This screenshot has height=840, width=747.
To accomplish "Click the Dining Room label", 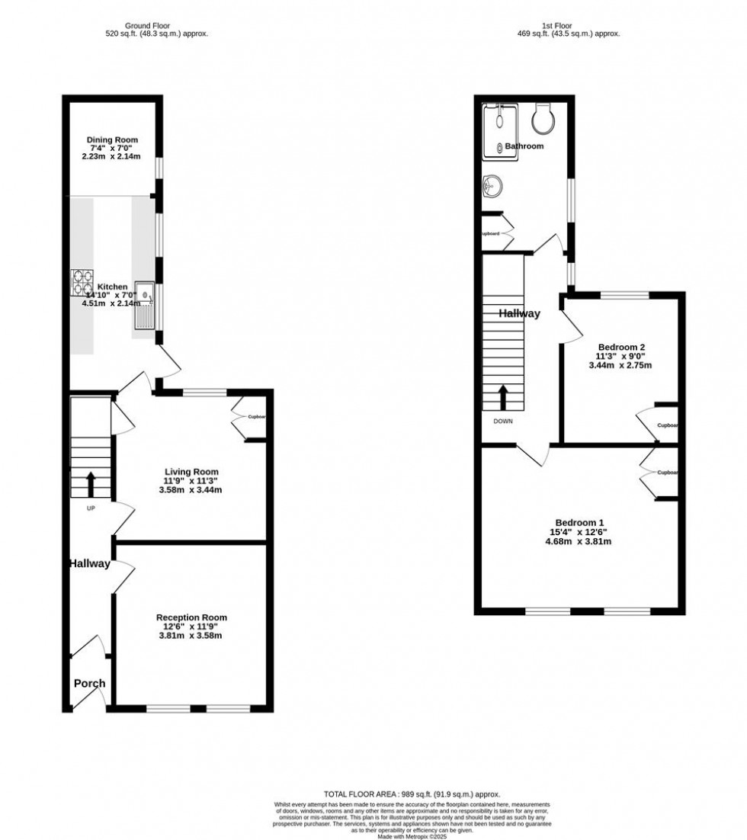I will point(112,140).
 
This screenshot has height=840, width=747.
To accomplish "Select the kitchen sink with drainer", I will point(144,304).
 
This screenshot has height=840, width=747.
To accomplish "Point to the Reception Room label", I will point(191,617).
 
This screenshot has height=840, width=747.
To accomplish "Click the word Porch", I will point(89,683).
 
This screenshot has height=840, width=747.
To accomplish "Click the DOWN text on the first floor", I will point(502,421).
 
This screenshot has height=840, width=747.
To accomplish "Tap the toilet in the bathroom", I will point(546,117).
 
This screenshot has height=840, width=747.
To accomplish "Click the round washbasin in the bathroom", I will point(492,184).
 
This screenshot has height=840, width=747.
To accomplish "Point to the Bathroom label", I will point(526,146).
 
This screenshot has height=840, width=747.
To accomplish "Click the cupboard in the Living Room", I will point(250,417).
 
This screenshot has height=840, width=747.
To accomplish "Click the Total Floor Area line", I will point(412,794).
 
